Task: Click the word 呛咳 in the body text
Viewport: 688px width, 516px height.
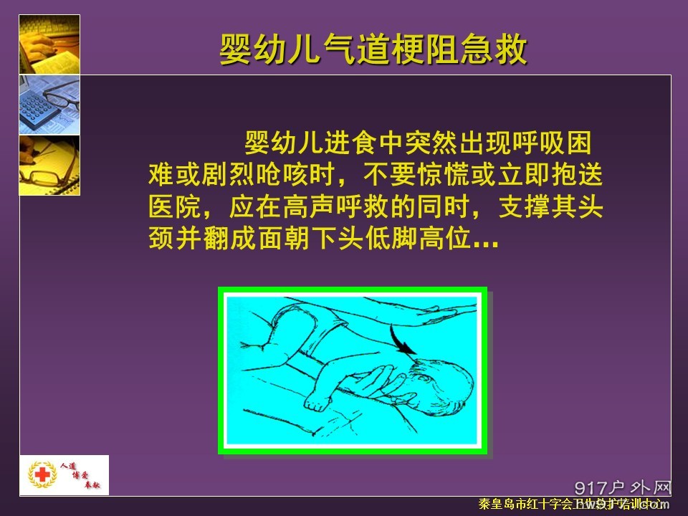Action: [x=294, y=176]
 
